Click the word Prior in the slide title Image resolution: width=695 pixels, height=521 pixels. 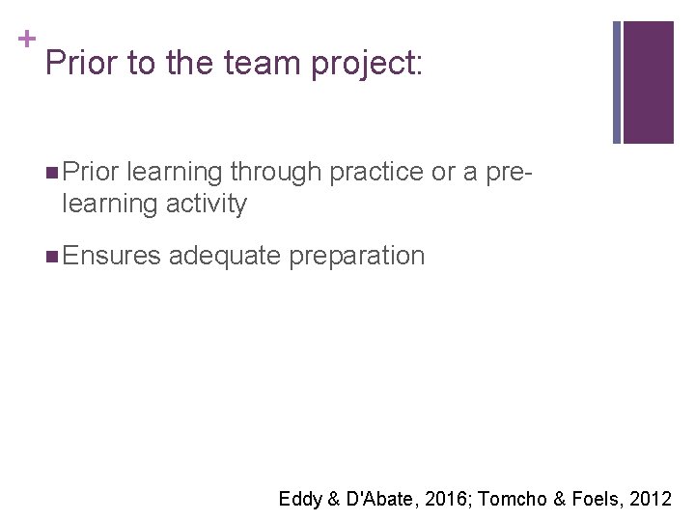pyautogui.click(x=76, y=65)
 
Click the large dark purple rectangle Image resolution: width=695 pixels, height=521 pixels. pyautogui.click(x=648, y=82)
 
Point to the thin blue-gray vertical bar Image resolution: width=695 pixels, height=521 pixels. pyautogui.click(x=617, y=82)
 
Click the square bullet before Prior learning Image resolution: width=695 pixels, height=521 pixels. pyautogui.click(x=50, y=173)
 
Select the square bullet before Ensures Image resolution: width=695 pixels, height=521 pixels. pyautogui.click(x=50, y=257)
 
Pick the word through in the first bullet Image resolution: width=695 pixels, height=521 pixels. pyautogui.click(x=277, y=173)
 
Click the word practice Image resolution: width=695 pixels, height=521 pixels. pyautogui.click(x=376, y=173)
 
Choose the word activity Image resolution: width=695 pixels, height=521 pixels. pyautogui.click(x=206, y=205)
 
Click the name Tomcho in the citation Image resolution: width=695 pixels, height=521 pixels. pyautogui.click(x=510, y=499)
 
